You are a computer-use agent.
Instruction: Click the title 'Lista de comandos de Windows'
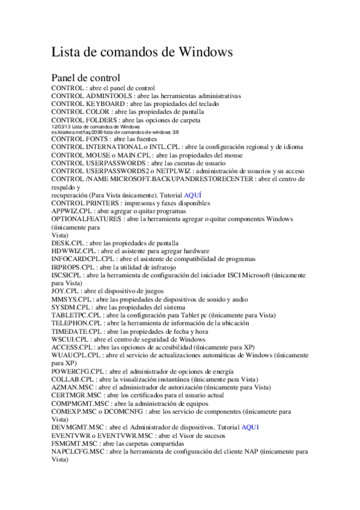142,52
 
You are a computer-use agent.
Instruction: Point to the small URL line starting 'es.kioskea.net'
99,132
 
